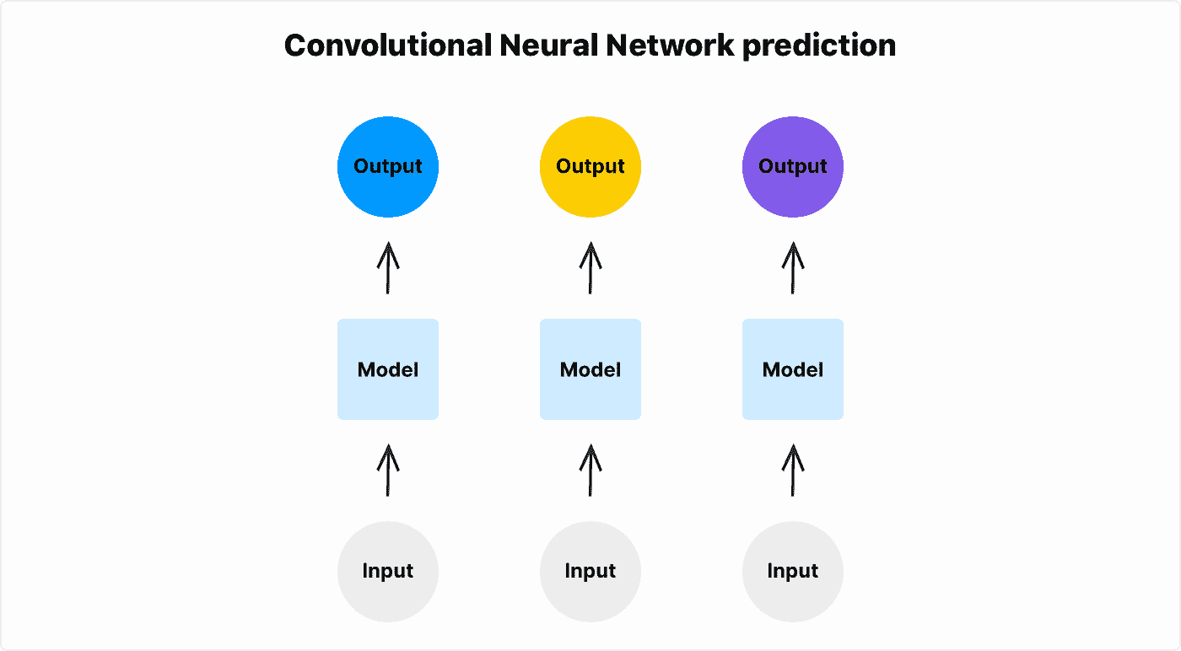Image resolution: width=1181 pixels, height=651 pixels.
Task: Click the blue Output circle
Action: (x=388, y=167)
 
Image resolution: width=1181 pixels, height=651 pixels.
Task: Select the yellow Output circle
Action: (x=590, y=167)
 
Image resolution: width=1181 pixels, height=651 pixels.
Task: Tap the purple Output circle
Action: (x=793, y=167)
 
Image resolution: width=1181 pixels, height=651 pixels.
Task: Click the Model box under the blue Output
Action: (x=388, y=369)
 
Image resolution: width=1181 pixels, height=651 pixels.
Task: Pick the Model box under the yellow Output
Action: (x=590, y=369)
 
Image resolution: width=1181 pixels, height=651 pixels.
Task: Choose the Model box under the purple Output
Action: (x=793, y=369)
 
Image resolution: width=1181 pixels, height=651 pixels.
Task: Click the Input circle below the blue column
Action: (x=388, y=571)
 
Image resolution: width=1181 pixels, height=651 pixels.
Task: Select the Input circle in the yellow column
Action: (x=590, y=571)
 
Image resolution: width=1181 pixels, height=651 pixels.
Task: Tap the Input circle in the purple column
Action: (x=793, y=571)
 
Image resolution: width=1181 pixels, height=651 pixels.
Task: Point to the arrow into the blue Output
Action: (x=388, y=268)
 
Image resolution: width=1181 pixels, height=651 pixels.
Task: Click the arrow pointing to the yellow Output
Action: (x=590, y=268)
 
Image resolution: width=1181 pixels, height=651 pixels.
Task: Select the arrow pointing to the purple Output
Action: (x=793, y=268)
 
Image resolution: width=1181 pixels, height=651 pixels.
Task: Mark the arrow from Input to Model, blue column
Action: (x=388, y=471)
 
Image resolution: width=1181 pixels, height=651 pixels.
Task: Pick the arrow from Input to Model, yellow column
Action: (x=590, y=471)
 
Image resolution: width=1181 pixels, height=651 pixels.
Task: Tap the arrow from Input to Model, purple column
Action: (x=793, y=471)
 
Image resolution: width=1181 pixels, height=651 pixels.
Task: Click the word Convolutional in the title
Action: (x=387, y=46)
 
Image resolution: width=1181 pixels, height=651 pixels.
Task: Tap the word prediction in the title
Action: (x=819, y=46)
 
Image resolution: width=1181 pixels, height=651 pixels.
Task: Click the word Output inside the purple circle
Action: (x=793, y=167)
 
